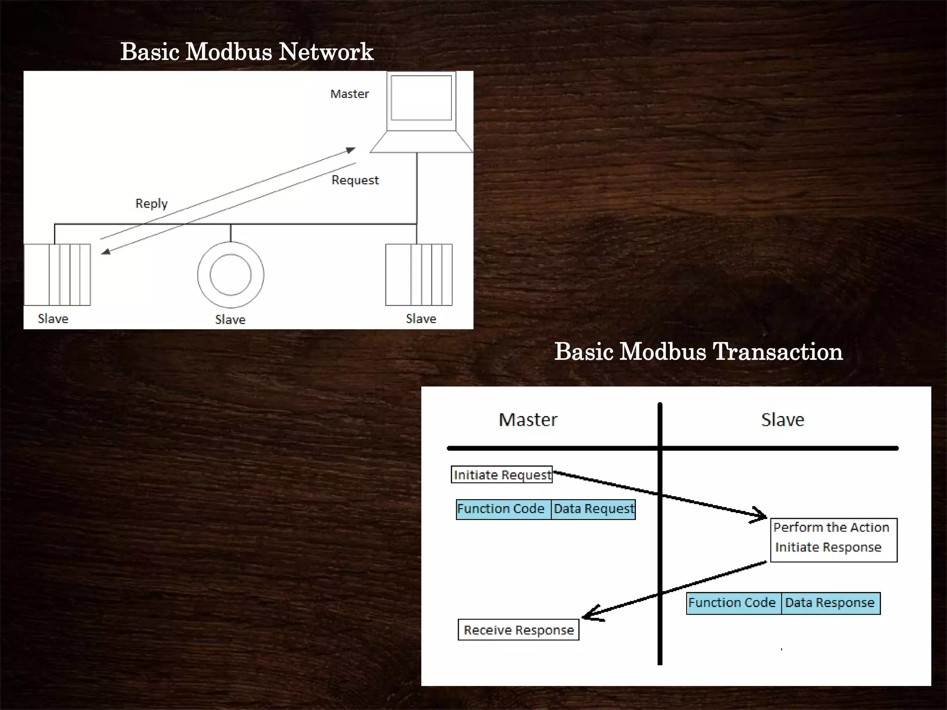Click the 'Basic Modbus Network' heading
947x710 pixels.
point(247,52)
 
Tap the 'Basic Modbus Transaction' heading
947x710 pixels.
point(698,352)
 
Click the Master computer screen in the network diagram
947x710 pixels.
point(421,98)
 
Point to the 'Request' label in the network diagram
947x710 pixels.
point(355,180)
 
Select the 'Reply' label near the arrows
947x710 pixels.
point(151,203)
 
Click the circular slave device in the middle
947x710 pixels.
point(231,275)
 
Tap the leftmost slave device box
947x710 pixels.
point(57,275)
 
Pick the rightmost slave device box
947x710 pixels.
point(419,275)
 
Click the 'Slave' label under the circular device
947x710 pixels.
point(230,319)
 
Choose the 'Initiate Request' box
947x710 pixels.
point(502,475)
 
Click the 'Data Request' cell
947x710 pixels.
point(594,509)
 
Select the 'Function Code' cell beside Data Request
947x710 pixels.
point(503,509)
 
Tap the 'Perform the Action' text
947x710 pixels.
point(831,527)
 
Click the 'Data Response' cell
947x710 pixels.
point(830,603)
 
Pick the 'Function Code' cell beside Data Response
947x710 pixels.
point(733,603)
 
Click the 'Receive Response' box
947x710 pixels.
point(518,630)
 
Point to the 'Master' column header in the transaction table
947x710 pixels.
point(528,420)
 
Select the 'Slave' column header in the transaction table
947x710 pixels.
point(782,420)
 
